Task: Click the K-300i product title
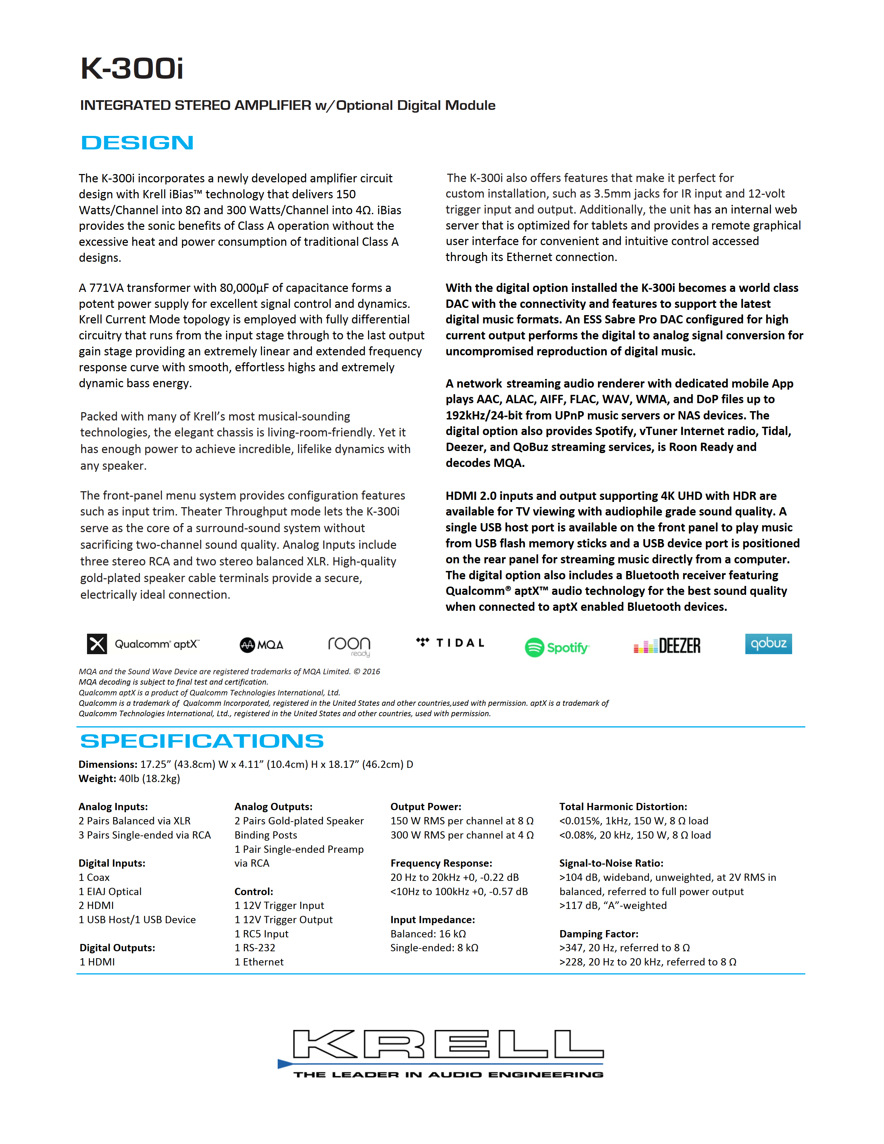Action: (x=132, y=69)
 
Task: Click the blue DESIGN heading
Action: (x=137, y=142)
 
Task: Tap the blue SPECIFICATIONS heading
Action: (x=202, y=741)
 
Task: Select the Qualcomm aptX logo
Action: (x=143, y=644)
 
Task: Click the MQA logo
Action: (x=261, y=645)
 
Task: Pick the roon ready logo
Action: (x=349, y=645)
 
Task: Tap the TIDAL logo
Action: (x=450, y=643)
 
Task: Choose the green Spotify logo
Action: (x=557, y=648)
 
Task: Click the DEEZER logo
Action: (x=667, y=646)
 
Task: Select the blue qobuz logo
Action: (x=768, y=644)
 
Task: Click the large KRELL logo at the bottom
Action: (x=441, y=1053)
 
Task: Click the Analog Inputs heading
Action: (x=113, y=807)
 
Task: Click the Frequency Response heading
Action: (x=441, y=863)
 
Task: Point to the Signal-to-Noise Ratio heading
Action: (x=611, y=863)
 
